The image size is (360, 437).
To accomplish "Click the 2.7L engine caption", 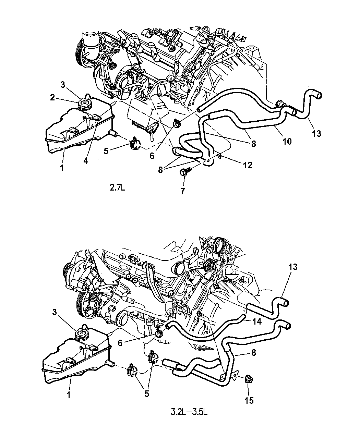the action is click(117, 188).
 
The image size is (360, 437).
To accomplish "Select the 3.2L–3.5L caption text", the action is click(189, 412).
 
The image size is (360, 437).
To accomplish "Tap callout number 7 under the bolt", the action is click(183, 191).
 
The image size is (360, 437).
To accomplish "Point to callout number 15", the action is click(249, 400).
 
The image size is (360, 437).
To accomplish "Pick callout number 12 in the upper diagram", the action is click(248, 165).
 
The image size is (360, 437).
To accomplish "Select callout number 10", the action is click(287, 142).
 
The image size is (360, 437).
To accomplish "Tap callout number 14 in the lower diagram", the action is click(257, 321).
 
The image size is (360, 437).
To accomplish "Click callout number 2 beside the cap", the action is click(52, 98).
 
